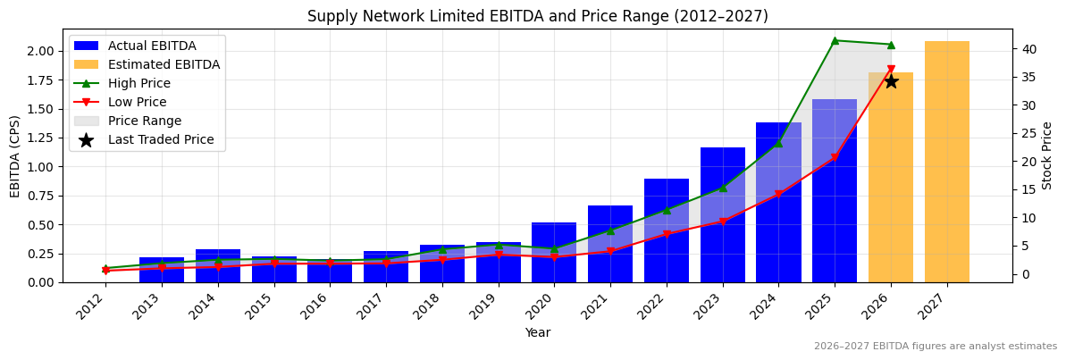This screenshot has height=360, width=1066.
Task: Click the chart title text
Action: click(537, 16)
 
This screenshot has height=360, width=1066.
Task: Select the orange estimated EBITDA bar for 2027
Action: click(946, 161)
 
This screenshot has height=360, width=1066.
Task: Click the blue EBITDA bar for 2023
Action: click(722, 214)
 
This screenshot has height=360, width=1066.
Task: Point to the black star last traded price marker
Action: click(891, 81)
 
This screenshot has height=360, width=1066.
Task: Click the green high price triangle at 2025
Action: click(835, 40)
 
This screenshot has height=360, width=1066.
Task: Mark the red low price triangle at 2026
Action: click(891, 70)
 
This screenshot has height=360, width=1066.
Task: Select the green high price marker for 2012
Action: click(105, 268)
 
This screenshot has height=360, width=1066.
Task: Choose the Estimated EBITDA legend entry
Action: click(164, 64)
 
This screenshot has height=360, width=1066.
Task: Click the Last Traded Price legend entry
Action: click(161, 139)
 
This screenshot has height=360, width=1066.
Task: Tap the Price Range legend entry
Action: click(144, 121)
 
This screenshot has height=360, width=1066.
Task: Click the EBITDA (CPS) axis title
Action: click(15, 155)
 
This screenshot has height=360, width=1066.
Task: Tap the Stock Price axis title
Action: click(1047, 155)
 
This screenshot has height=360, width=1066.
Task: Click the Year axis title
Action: click(537, 332)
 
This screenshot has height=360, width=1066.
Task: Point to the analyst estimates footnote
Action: click(935, 347)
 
